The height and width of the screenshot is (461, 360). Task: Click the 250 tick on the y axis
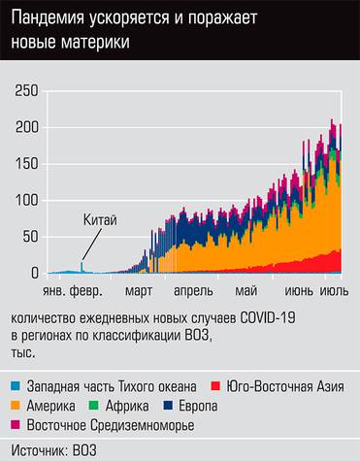point(27,90)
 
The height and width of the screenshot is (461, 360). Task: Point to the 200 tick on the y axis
point(27,127)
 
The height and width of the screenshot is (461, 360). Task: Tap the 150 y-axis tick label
point(27,163)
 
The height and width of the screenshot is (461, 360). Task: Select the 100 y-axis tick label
point(27,200)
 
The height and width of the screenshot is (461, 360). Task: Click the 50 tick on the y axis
point(31,237)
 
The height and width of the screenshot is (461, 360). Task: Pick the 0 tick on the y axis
point(35,273)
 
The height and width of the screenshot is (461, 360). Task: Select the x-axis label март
point(139,289)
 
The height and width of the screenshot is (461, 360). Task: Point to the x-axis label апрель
point(192,289)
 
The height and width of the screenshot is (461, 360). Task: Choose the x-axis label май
point(245,289)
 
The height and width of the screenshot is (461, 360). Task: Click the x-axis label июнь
point(298,289)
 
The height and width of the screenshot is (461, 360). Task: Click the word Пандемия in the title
point(54,20)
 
